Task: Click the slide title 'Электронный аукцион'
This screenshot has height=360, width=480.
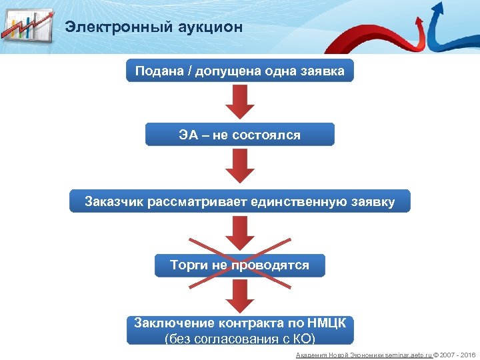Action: pyautogui.click(x=153, y=27)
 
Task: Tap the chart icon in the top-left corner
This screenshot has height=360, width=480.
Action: pyautogui.click(x=27, y=26)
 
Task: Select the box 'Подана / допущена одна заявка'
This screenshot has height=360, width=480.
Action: pyautogui.click(x=240, y=71)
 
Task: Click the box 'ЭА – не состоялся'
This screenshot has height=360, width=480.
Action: pyautogui.click(x=240, y=135)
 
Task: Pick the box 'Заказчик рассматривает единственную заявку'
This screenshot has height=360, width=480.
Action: pyautogui.click(x=240, y=201)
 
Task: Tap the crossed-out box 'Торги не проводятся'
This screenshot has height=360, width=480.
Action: pyautogui.click(x=240, y=265)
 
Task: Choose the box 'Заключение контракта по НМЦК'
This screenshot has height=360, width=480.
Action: pyautogui.click(x=240, y=329)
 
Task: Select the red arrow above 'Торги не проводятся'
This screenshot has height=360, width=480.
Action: pyautogui.click(x=240, y=233)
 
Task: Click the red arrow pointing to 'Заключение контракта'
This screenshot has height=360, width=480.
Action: pyautogui.click(x=240, y=297)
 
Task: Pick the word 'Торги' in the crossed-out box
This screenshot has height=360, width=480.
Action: pyautogui.click(x=189, y=265)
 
